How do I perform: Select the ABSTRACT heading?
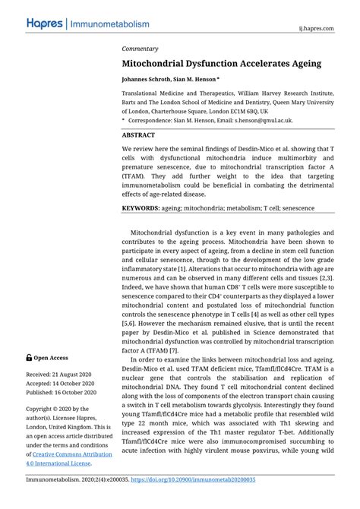144,134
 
